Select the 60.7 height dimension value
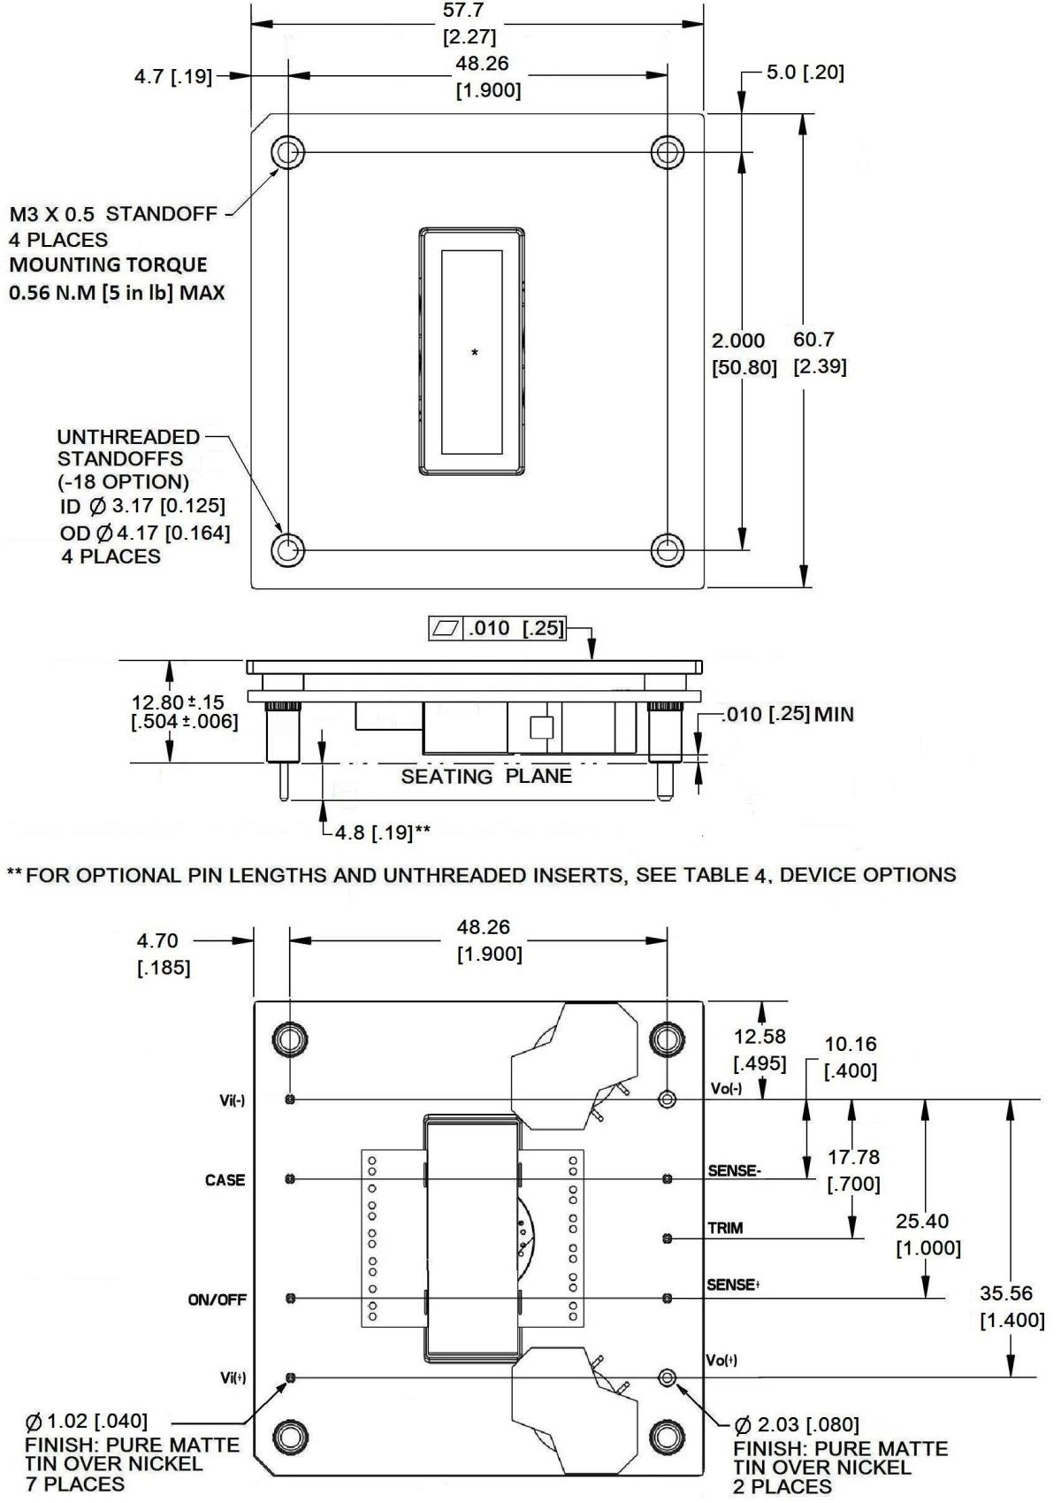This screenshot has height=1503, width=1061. pos(813,339)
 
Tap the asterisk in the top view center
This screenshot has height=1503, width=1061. pos(475,354)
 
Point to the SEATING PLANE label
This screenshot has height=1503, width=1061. pos(486,776)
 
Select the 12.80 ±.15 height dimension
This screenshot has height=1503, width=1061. pos(178,702)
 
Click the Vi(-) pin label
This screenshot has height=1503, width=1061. pos(233,1100)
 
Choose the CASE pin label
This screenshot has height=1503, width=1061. pos(225,1180)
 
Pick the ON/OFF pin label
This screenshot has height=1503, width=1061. pos(217,1300)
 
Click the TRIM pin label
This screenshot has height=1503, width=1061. pos(725,1228)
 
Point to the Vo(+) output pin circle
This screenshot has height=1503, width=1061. pos(668,1377)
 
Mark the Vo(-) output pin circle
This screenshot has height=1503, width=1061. pos(668,1100)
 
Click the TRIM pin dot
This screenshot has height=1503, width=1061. pos(668,1238)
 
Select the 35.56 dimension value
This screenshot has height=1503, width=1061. pos(1006,1293)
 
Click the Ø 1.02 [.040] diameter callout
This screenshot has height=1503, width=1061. pos(87,1422)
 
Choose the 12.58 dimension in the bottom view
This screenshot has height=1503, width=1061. pos(759,1036)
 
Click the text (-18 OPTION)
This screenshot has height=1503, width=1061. pos(123,482)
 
